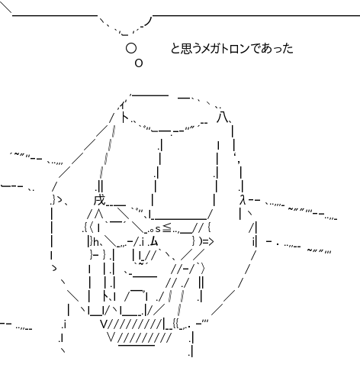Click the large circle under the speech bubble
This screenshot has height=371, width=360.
coord(131,48)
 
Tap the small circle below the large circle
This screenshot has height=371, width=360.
coord(139,63)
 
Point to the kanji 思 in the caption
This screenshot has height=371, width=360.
coord(188,48)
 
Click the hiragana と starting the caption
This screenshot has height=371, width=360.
coord(176,48)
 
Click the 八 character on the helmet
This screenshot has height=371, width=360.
coord(223,118)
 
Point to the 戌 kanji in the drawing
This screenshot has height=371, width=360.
coord(99,200)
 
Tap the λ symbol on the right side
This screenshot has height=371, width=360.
coord(243,199)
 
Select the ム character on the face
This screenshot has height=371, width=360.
coord(154,241)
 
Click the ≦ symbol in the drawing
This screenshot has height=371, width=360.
coord(167,228)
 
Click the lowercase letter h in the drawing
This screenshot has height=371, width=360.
coord(96,242)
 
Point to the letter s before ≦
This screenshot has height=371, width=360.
coord(158,229)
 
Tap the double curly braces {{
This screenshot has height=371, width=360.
coord(176,324)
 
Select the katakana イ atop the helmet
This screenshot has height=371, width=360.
coord(122,105)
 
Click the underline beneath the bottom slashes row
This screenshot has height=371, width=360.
coord(137,345)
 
